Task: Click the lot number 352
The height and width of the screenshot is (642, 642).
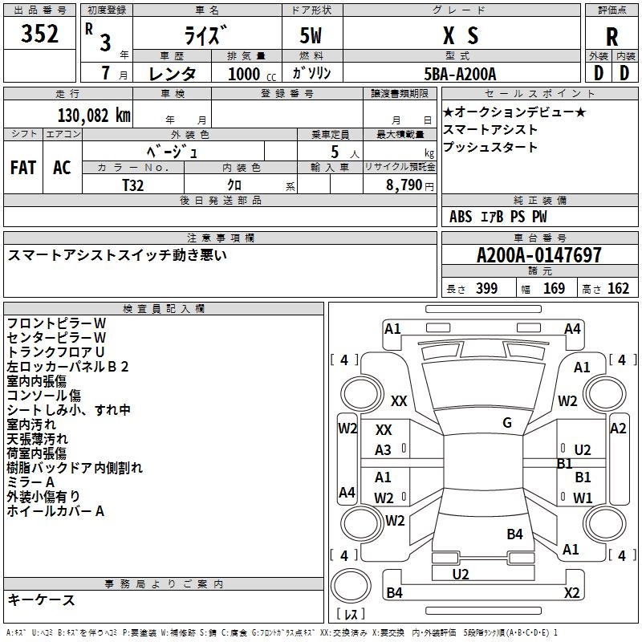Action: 39,34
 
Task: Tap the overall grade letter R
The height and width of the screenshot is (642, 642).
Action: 612,37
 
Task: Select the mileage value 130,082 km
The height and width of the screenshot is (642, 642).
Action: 94,116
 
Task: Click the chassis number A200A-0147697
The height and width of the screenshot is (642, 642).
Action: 539,255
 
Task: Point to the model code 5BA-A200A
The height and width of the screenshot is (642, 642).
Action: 460,74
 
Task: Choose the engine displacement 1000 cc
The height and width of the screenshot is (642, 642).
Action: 252,74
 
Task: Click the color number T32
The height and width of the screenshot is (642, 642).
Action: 133,185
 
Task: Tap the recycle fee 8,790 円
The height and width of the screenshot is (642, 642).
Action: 410,185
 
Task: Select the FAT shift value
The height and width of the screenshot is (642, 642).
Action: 23,168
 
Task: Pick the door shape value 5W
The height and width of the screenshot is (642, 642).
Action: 311,35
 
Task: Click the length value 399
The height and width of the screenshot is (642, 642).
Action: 487,288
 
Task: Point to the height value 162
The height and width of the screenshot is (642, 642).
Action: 618,288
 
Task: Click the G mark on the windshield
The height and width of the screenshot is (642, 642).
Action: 507,423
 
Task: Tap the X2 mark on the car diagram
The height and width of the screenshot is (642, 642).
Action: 571,592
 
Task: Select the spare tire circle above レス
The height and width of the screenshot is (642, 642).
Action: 351,586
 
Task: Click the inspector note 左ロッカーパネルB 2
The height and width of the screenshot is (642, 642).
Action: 67,367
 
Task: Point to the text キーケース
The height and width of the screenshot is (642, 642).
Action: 41,599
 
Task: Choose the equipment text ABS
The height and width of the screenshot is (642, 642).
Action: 461,217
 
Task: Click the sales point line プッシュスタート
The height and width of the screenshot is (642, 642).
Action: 490,147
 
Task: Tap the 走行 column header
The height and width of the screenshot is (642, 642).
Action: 67,94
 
